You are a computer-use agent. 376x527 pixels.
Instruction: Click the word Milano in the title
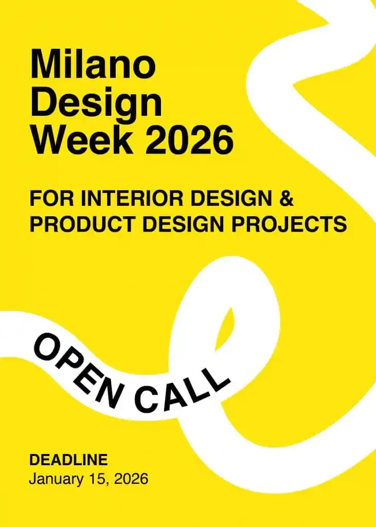tap(93, 64)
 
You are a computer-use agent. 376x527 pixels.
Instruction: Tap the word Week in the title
tap(82, 138)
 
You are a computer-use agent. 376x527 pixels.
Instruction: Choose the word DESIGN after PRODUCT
tap(184, 224)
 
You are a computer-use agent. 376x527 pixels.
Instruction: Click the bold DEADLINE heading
tap(68, 460)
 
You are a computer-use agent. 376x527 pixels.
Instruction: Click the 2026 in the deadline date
tap(131, 479)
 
